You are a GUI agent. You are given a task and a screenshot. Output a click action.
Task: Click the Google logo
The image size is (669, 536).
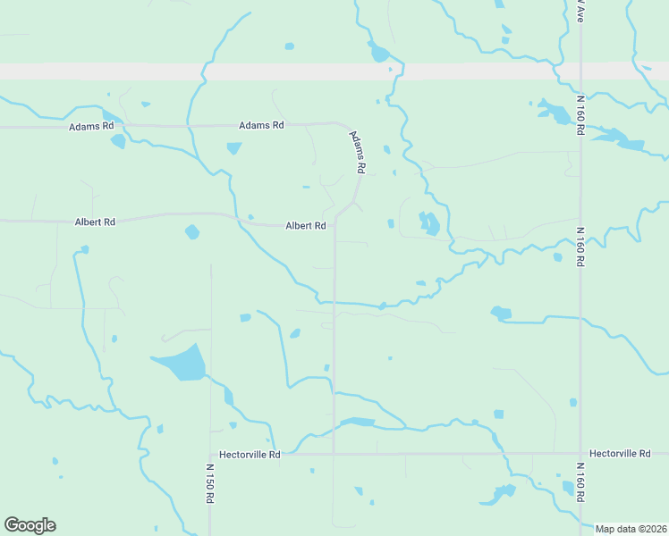[30, 525]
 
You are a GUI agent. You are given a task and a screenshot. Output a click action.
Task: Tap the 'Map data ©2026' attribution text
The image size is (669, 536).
[631, 528]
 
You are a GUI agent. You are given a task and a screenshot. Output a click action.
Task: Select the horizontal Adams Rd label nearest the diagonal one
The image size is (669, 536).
[261, 125]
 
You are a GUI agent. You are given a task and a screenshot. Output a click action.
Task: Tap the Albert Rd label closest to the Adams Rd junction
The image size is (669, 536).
[305, 226]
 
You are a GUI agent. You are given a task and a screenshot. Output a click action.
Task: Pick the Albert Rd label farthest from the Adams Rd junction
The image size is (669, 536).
[96, 222]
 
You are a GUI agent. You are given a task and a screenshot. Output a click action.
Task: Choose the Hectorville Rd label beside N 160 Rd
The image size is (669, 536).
[620, 454]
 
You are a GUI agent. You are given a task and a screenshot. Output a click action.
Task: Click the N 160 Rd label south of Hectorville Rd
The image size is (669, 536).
[580, 482]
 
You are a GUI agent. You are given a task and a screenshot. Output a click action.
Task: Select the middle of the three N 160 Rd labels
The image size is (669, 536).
[580, 247]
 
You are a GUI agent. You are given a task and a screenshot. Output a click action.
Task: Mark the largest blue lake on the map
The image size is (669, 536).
[182, 363]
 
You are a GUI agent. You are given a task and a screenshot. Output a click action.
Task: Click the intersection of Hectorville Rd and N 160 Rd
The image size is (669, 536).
[580, 454]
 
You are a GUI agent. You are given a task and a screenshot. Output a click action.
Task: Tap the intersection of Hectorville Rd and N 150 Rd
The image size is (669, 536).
[210, 454]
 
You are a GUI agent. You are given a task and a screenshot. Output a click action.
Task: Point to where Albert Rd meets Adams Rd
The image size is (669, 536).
[335, 224]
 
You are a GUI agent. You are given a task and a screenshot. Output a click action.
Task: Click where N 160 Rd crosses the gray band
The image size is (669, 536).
[580, 71]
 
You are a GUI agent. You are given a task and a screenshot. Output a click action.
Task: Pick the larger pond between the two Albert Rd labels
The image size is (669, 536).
[191, 232]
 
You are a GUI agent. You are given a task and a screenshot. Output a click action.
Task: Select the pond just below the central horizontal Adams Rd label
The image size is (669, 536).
[234, 148]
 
